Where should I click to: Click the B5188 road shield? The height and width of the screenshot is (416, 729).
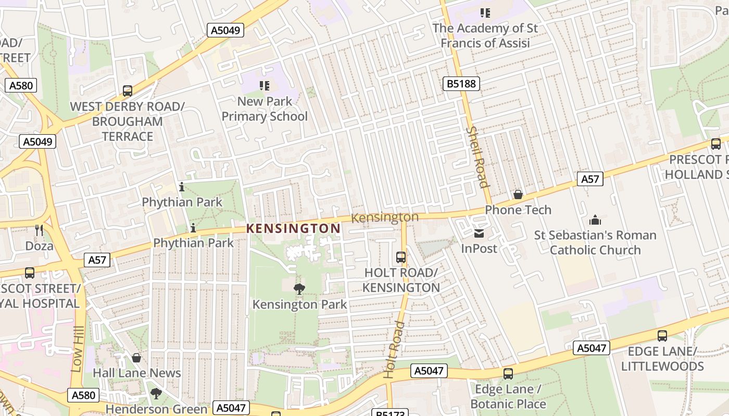pos(461,84)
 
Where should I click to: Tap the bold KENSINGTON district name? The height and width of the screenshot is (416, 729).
pos(293,228)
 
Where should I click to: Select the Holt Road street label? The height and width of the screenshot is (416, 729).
pos(394,349)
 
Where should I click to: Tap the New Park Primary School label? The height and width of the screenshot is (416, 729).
pos(265,109)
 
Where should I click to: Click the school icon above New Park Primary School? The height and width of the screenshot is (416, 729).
pos(265,85)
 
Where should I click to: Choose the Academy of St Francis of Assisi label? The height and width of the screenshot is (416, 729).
pos(485,35)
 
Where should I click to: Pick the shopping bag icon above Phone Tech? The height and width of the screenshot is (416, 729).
pos(518,194)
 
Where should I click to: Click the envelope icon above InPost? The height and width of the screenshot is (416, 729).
pos(479,233)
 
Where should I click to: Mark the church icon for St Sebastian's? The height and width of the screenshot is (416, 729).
pos(595,220)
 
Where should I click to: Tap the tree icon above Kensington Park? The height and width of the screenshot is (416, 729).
pos(299,289)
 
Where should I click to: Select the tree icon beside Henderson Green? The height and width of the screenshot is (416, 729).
pos(156,394)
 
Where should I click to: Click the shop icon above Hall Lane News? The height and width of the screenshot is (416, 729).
pos(136,358)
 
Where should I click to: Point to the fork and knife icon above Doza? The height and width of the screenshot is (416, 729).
pos(39,230)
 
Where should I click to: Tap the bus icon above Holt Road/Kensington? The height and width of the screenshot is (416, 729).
pos(401,257)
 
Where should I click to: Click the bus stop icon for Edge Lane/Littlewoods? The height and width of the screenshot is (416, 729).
pos(662,336)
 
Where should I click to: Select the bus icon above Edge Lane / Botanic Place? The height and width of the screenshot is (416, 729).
pos(508,374)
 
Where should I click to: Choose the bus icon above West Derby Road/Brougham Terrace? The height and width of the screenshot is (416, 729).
pos(128,91)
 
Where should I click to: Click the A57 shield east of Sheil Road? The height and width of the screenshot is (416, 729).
pos(590,179)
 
